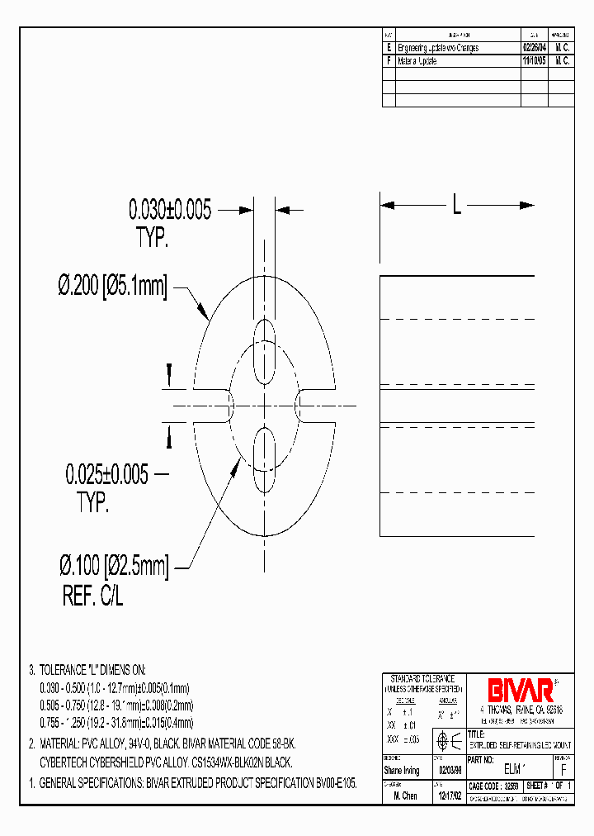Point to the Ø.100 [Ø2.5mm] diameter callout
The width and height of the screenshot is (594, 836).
coord(113,567)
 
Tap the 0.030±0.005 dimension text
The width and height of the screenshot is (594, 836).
coord(169,210)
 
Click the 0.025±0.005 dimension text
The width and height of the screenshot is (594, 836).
coord(107,474)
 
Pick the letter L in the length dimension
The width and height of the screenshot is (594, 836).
coord(456,203)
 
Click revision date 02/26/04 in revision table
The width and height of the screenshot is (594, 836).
coord(534,49)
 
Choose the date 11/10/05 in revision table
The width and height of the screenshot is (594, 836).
coord(534,61)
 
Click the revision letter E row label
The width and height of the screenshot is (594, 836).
coord(389,49)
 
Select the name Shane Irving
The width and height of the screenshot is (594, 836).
coord(402,771)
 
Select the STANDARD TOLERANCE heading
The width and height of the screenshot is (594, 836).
coord(423,678)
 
